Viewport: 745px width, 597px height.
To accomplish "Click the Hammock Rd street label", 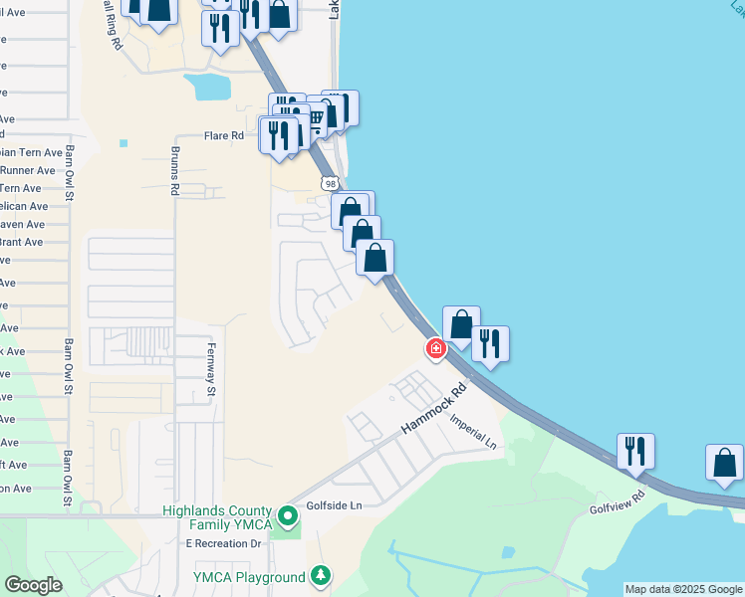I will point(434,410).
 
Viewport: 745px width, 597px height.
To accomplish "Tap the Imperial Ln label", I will point(472,433).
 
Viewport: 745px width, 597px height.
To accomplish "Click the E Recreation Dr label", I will point(222,543).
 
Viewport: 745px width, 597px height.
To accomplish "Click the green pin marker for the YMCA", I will point(288,516).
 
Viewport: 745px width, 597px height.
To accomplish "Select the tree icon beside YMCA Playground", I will point(320,576).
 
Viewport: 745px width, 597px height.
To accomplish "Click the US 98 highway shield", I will point(331,183).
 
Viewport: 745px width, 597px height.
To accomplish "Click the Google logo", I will point(33,585).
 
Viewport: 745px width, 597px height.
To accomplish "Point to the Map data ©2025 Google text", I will point(683,589).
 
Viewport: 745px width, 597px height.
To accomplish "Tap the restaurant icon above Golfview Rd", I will point(635,451).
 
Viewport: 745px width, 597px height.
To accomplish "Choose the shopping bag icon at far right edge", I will point(724,463).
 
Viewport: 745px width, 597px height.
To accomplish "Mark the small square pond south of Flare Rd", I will point(124,143).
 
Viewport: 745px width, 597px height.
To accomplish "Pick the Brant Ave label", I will point(22,242).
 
